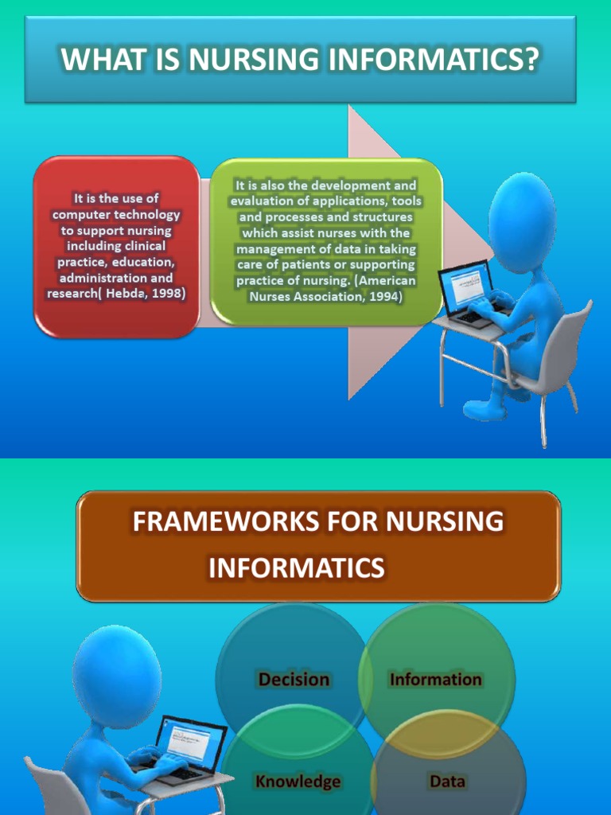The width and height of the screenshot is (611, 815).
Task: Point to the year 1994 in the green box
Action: [386, 296]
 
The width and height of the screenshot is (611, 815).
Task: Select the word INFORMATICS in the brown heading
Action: [296, 568]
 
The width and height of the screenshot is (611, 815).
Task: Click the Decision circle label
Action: [294, 679]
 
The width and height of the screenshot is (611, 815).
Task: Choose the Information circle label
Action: [435, 679]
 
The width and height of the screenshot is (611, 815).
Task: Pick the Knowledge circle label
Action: [298, 781]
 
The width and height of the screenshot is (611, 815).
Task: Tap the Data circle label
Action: [447, 781]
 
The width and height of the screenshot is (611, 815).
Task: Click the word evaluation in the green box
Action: [259, 201]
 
